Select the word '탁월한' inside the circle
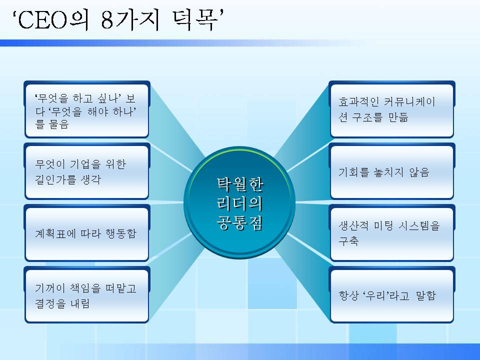click(239, 185)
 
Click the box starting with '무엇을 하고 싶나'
click(86, 109)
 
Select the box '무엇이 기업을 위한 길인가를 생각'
click(86, 172)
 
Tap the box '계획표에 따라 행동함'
click(86, 234)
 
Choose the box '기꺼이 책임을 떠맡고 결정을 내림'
click(86, 296)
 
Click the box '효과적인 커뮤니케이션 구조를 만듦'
click(391, 110)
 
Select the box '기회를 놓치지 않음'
click(391, 172)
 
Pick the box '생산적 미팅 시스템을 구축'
click(391, 234)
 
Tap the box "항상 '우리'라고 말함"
click(391, 296)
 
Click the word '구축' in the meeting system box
click(348, 241)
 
